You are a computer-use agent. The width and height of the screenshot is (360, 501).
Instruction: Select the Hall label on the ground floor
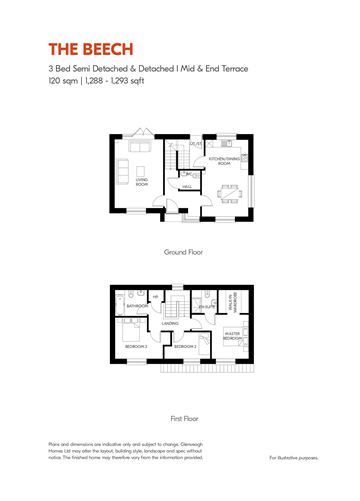coord(187,186)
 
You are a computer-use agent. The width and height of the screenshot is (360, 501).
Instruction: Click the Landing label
coord(170,323)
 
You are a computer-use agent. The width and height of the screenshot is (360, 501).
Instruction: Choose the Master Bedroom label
coord(233,337)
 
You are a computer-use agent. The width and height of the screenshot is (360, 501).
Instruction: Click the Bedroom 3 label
coord(137,345)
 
